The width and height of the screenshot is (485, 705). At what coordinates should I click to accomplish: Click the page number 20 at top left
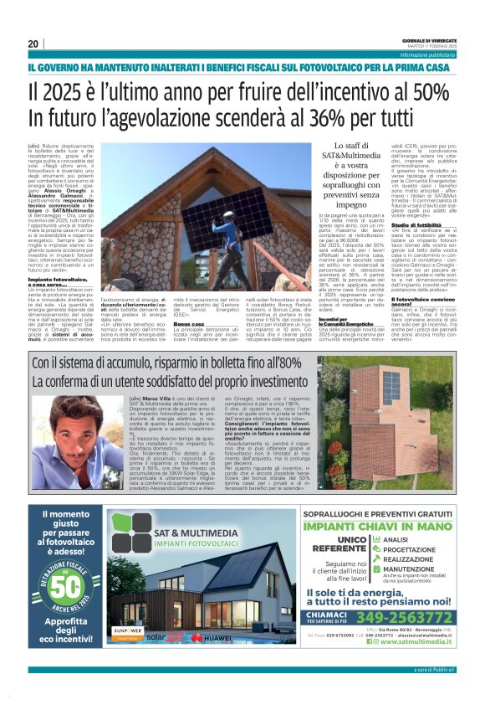[33, 44]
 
